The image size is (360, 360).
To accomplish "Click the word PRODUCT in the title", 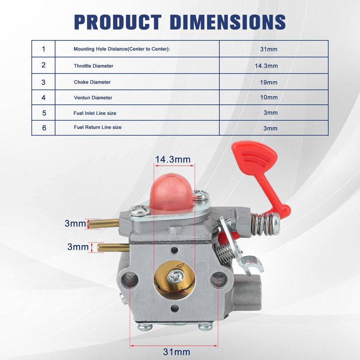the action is coord(118,22).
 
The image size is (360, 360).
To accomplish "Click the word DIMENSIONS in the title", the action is coord(228,22).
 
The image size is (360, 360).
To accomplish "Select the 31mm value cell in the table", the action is coord(269,49).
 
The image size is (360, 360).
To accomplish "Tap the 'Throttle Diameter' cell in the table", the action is coord(94,66).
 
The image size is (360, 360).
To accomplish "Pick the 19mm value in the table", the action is coord(269,82).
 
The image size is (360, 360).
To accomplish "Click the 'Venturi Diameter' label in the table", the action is coord(93,98).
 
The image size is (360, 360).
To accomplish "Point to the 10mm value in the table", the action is coord(269,97).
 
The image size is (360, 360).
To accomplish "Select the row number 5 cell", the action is coord(44,113).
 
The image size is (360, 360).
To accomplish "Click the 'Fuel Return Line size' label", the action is coord(98,127).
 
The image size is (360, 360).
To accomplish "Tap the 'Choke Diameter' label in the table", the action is coord(92,82).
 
